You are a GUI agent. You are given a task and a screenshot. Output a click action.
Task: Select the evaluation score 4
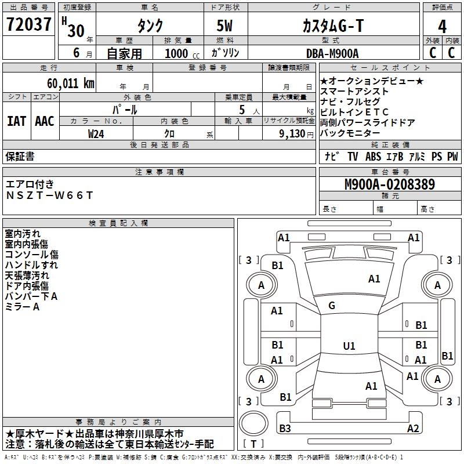[442, 26]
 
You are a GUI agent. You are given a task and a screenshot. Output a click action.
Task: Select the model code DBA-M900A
[332, 53]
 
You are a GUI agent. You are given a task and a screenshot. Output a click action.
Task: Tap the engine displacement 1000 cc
[182, 53]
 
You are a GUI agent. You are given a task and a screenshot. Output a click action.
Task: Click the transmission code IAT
[17, 121]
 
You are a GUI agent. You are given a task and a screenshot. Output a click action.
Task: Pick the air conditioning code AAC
[45, 121]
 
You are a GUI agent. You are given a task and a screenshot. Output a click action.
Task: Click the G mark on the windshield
[332, 306]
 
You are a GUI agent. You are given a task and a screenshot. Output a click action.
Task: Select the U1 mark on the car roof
[349, 346]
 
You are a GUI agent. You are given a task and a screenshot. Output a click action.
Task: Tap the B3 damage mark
[285, 429]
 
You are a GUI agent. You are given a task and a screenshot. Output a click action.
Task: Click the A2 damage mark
[413, 429]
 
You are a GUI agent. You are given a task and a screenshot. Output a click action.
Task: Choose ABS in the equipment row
[373, 157]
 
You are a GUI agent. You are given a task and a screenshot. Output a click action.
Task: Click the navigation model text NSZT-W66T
[49, 195]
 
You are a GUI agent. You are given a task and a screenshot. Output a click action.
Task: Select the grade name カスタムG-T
[333, 26]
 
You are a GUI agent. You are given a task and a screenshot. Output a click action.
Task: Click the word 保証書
[20, 156]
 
